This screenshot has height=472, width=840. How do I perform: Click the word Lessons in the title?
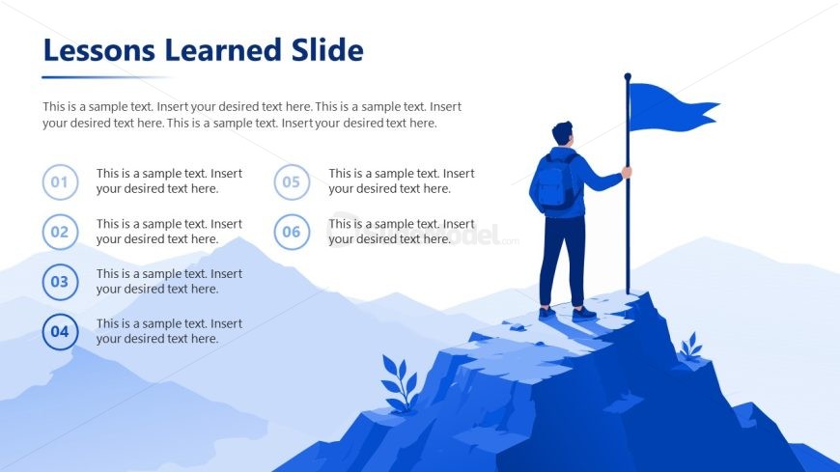(x=99, y=50)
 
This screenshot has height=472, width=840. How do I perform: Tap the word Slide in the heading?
(x=327, y=50)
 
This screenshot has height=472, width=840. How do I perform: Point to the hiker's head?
(x=563, y=133)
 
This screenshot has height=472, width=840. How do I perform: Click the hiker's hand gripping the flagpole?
(x=627, y=172)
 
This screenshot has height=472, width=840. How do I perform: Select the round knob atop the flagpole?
(x=628, y=76)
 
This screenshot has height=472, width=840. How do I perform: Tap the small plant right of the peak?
(x=691, y=347)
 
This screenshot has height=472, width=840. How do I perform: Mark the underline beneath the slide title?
(x=107, y=77)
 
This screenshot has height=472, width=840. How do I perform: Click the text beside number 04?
(x=169, y=331)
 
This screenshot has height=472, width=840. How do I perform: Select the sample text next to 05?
(x=402, y=181)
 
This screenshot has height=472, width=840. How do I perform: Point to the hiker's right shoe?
(x=583, y=314)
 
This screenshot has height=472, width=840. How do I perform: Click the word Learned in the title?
(x=223, y=50)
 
